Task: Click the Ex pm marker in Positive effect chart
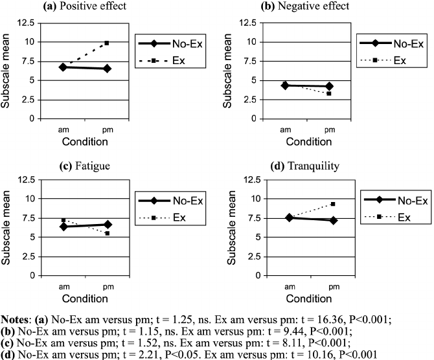[x=107, y=43]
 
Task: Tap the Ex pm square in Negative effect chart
[x=329, y=93]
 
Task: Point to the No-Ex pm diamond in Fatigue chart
[x=107, y=224]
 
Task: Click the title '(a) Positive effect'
[x=86, y=6]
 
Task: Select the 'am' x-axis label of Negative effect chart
[x=286, y=129]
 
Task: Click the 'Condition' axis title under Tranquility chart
[x=308, y=298]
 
